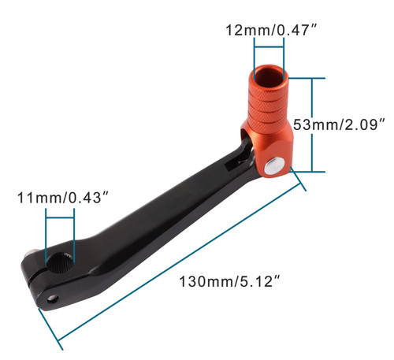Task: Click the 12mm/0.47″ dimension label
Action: [x=272, y=30]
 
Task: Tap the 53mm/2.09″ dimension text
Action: [x=339, y=124]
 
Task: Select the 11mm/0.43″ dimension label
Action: [x=63, y=198]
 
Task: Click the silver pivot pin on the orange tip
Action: [x=275, y=166]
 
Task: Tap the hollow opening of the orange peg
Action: [x=269, y=74]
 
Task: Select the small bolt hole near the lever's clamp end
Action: [x=53, y=299]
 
